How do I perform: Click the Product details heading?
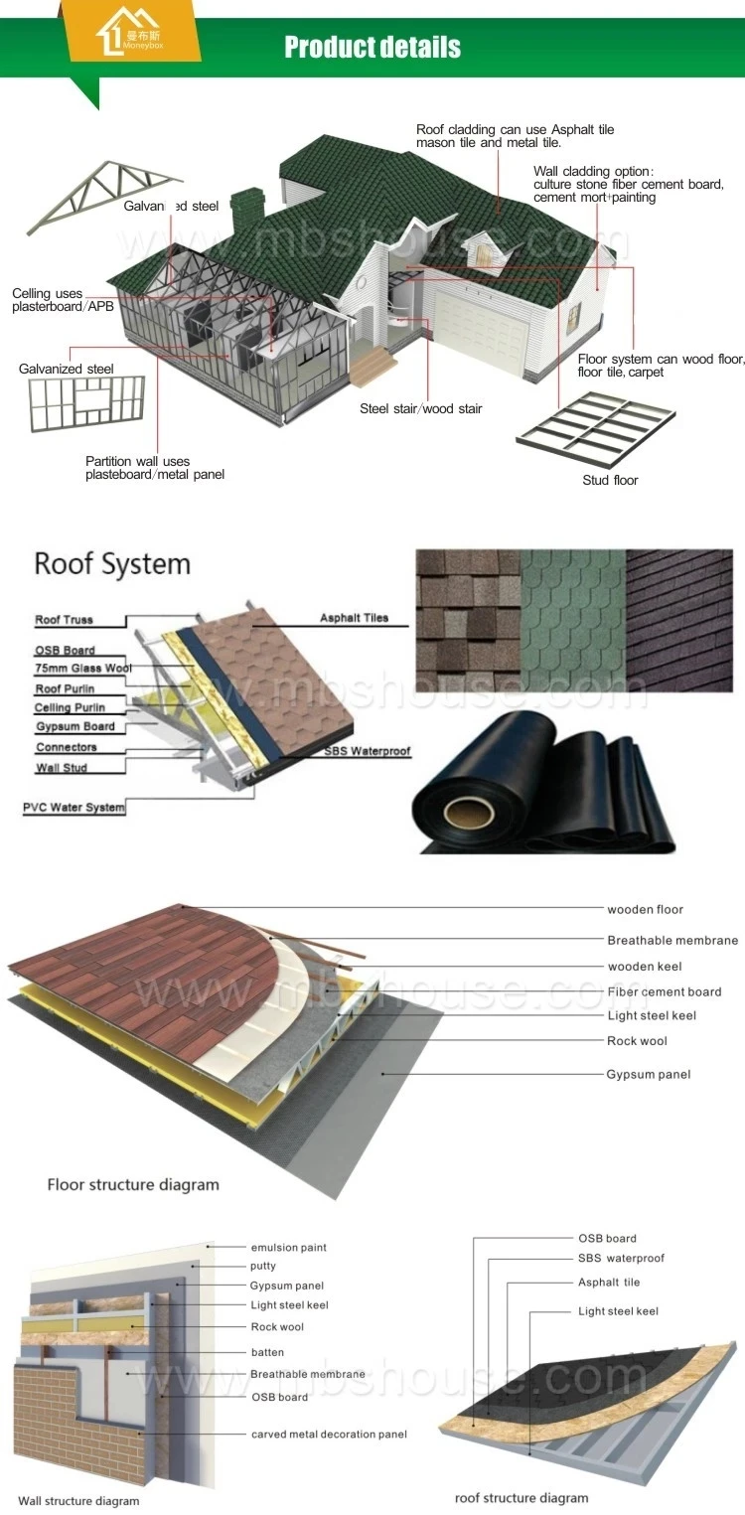pyautogui.click(x=372, y=47)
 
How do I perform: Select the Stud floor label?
pyautogui.click(x=610, y=481)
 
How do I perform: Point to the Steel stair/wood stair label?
pyautogui.click(x=421, y=409)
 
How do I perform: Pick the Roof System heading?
pyautogui.click(x=111, y=564)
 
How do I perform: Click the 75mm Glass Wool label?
pyautogui.click(x=83, y=669)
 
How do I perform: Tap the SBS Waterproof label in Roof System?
pyautogui.click(x=367, y=752)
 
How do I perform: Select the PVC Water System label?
pyautogui.click(x=74, y=808)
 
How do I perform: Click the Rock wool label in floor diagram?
pyautogui.click(x=637, y=1041)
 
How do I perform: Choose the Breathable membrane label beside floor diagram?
pyautogui.click(x=672, y=940)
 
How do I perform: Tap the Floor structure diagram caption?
pyautogui.click(x=133, y=1185)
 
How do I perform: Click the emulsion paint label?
pyautogui.click(x=288, y=1248)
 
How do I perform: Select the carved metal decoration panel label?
pyautogui.click(x=329, y=1435)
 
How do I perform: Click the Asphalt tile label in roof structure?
pyautogui.click(x=609, y=1283)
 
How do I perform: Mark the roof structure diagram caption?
pyautogui.click(x=521, y=1498)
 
